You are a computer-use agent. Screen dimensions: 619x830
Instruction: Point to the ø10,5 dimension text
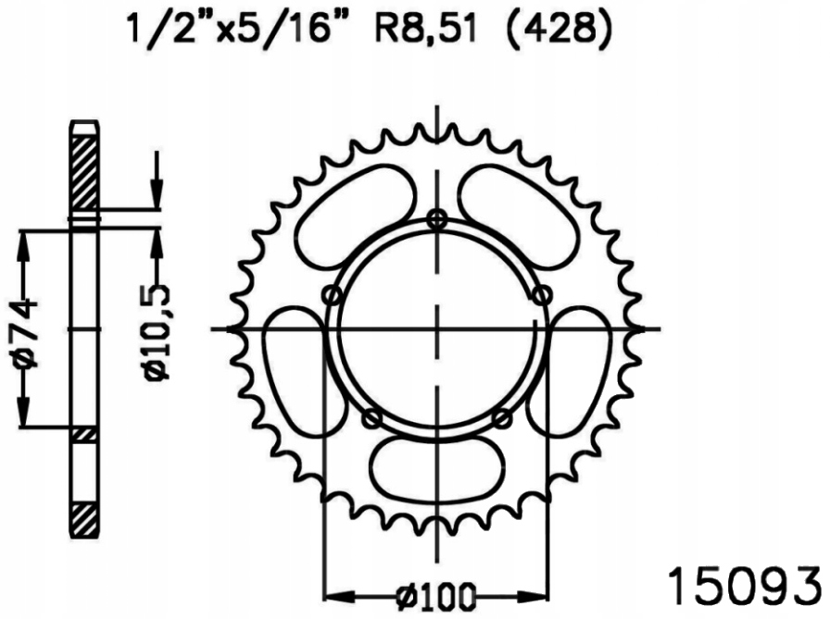coord(156,330)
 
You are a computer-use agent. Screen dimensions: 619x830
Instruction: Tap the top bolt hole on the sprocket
coord(438,218)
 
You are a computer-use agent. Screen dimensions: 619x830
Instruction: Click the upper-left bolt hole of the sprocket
coord(333,295)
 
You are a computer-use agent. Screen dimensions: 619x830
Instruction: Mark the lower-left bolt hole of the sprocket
coord(372,418)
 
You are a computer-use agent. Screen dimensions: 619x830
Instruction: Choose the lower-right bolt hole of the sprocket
coord(501,418)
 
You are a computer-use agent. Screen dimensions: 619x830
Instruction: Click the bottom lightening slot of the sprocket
coord(436,467)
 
